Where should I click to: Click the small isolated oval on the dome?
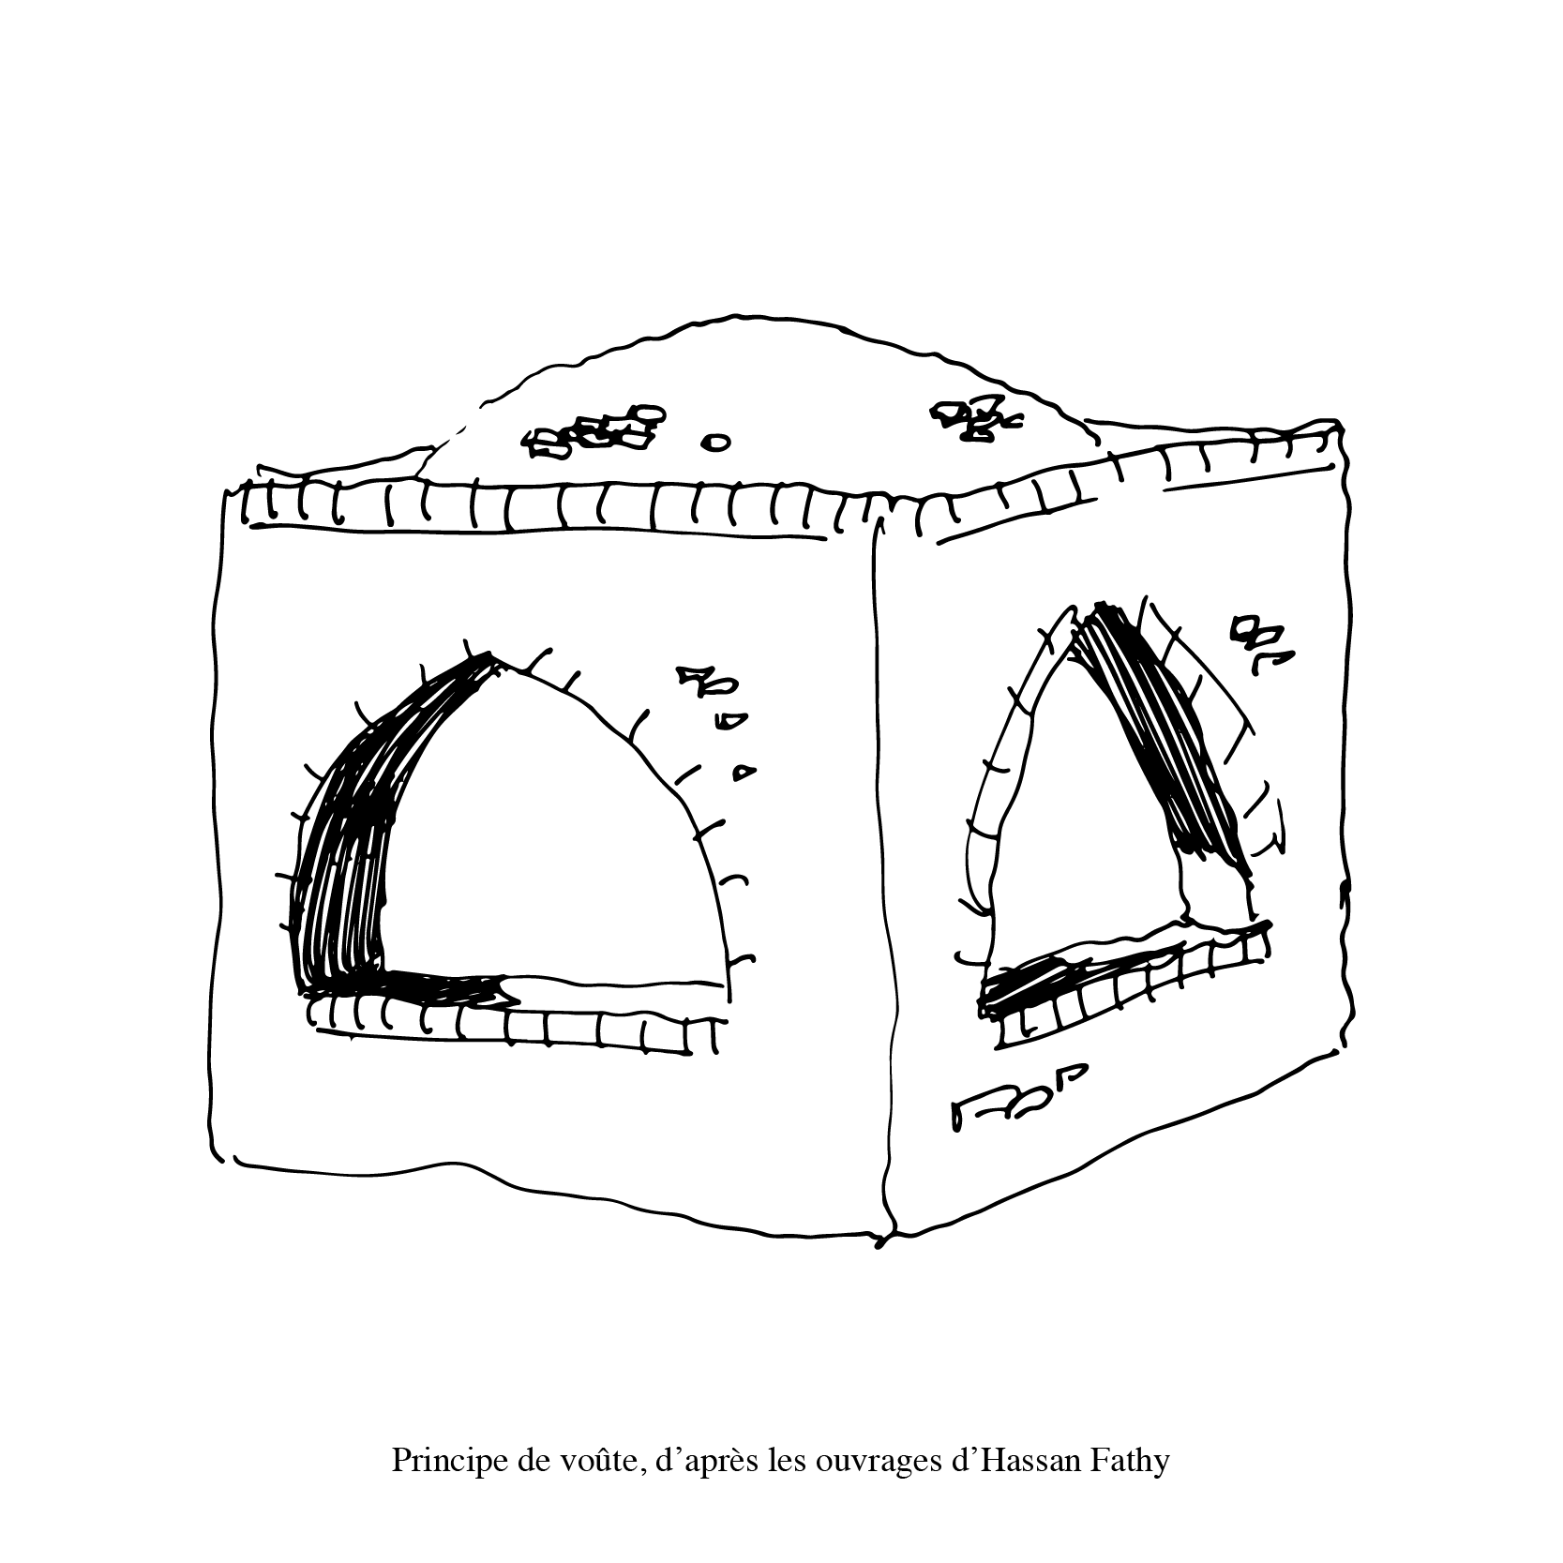716,442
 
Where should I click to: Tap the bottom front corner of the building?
881,1243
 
